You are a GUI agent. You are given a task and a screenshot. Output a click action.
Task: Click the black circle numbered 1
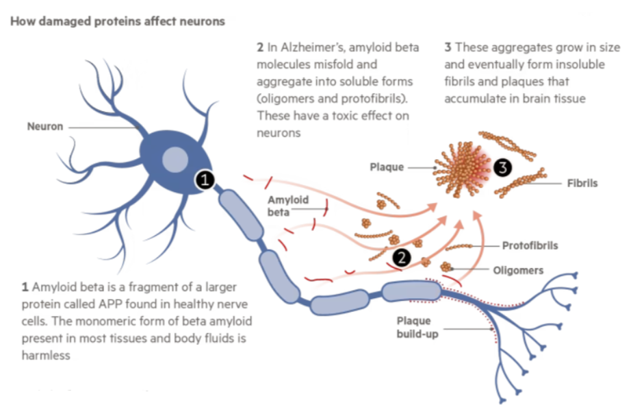coord(205,180)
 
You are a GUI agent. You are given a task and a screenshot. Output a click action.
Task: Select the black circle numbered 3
coord(503,167)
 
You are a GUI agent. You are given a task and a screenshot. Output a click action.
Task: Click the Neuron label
coord(45,126)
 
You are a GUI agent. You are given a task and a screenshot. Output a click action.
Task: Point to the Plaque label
coord(387,167)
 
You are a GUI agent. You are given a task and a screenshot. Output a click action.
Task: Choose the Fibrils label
coord(582,184)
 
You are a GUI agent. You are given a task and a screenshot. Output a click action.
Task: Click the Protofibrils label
coord(530,245)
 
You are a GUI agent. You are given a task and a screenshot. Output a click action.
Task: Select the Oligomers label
coord(518,270)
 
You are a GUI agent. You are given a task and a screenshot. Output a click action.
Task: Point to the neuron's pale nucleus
coord(175,160)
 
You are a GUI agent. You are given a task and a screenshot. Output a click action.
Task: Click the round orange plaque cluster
coord(462,166)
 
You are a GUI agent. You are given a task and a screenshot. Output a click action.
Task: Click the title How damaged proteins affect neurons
coord(117,21)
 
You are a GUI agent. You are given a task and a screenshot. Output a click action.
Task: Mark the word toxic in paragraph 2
coord(342,116)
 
